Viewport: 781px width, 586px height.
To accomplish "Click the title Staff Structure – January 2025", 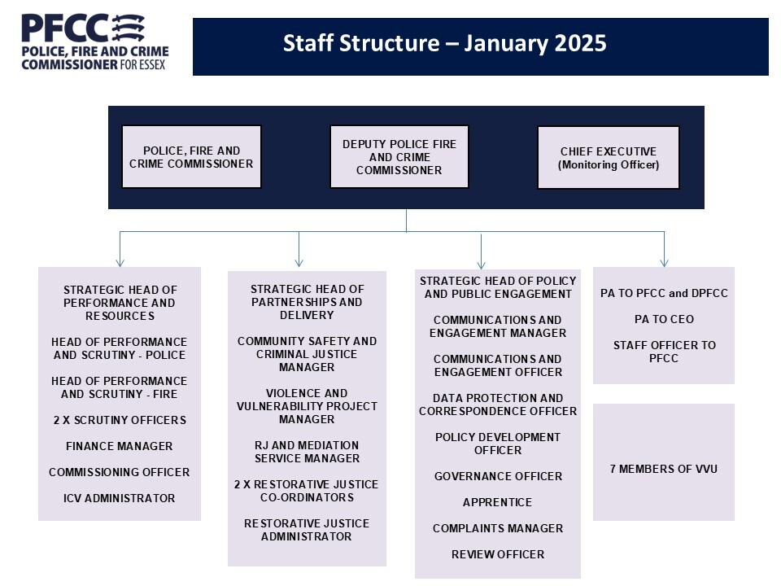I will pos(444,43).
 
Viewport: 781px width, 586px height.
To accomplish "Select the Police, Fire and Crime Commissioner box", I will pos(191,157).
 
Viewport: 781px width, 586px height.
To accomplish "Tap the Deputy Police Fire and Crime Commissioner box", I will pos(399,157).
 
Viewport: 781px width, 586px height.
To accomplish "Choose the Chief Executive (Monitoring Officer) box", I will pos(608,158).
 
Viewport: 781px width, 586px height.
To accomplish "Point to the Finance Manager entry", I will pos(120,446).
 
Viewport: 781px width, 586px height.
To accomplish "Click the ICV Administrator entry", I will pos(120,498).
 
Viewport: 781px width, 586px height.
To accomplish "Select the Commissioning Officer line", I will pos(120,472).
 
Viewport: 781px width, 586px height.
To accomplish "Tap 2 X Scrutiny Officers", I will pos(120,420).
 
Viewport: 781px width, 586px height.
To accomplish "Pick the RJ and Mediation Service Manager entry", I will pos(306,452).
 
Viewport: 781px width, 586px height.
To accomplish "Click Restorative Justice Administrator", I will pos(306,530).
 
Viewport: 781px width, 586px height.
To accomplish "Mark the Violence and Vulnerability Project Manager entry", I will pos(306,406).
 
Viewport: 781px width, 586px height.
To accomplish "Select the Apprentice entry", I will pos(497,502).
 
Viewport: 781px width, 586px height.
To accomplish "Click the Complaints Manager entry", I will pos(497,528).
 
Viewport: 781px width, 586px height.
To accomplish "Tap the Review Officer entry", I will pos(497,554).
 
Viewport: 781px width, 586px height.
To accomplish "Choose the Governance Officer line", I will pos(497,476).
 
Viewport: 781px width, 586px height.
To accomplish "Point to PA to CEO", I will pos(664,319).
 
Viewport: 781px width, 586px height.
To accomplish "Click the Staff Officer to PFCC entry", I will pos(664,352).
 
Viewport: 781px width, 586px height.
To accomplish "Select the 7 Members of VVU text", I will pos(664,469).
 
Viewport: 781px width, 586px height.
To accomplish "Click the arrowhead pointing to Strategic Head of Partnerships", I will pos(299,262).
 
